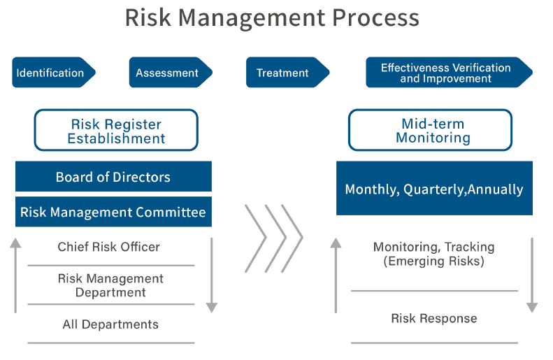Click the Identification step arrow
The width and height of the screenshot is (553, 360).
pos(54,72)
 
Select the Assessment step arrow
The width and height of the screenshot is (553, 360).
pos(171,72)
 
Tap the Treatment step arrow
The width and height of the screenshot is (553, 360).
pos(287,72)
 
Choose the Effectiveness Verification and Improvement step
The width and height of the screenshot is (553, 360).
pos(449,72)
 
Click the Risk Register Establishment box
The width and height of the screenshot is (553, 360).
pos(116,130)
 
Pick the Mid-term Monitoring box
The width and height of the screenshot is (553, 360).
pos(430,130)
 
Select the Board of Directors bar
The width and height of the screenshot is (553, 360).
pos(113,176)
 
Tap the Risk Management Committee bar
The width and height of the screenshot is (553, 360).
pos(113,212)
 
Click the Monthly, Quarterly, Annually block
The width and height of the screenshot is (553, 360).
pos(434,188)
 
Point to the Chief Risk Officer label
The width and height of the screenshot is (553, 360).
pos(108,247)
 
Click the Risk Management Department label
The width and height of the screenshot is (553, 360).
pos(110,285)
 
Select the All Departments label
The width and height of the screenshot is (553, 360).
pos(110,324)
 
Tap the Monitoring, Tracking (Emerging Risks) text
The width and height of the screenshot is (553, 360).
pos(433,254)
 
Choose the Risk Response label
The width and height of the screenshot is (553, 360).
pos(433,318)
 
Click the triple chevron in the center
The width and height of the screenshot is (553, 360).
pos(273,238)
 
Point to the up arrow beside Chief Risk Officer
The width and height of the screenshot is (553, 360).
pos(15,275)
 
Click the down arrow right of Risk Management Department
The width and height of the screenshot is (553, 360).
pos(212,275)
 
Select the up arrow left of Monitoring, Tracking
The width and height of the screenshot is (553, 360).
pos(336,275)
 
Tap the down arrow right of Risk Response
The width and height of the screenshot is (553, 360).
pos(532,275)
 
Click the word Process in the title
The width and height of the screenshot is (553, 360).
pos(375,17)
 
